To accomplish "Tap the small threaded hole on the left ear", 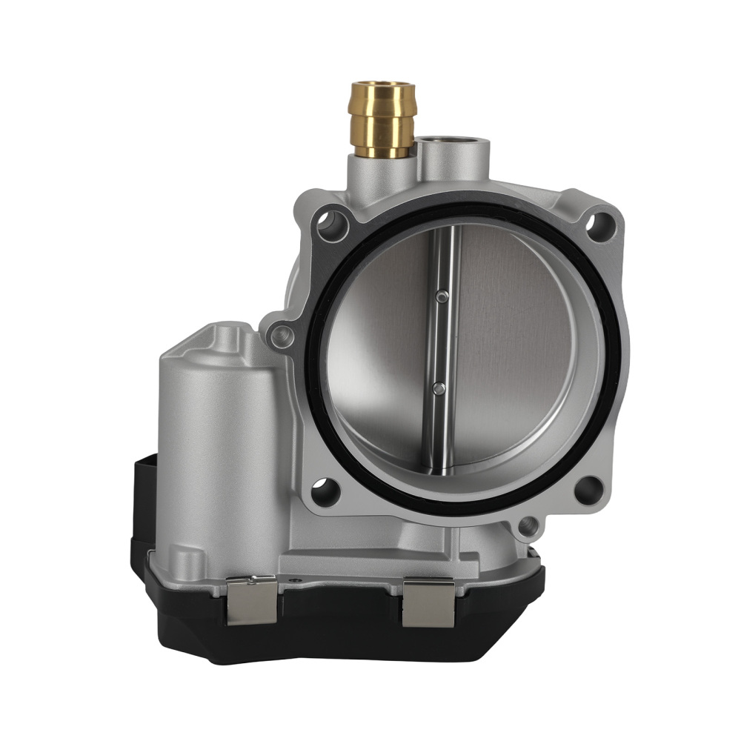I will click(x=281, y=338).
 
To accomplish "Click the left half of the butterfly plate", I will click(x=378, y=356).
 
